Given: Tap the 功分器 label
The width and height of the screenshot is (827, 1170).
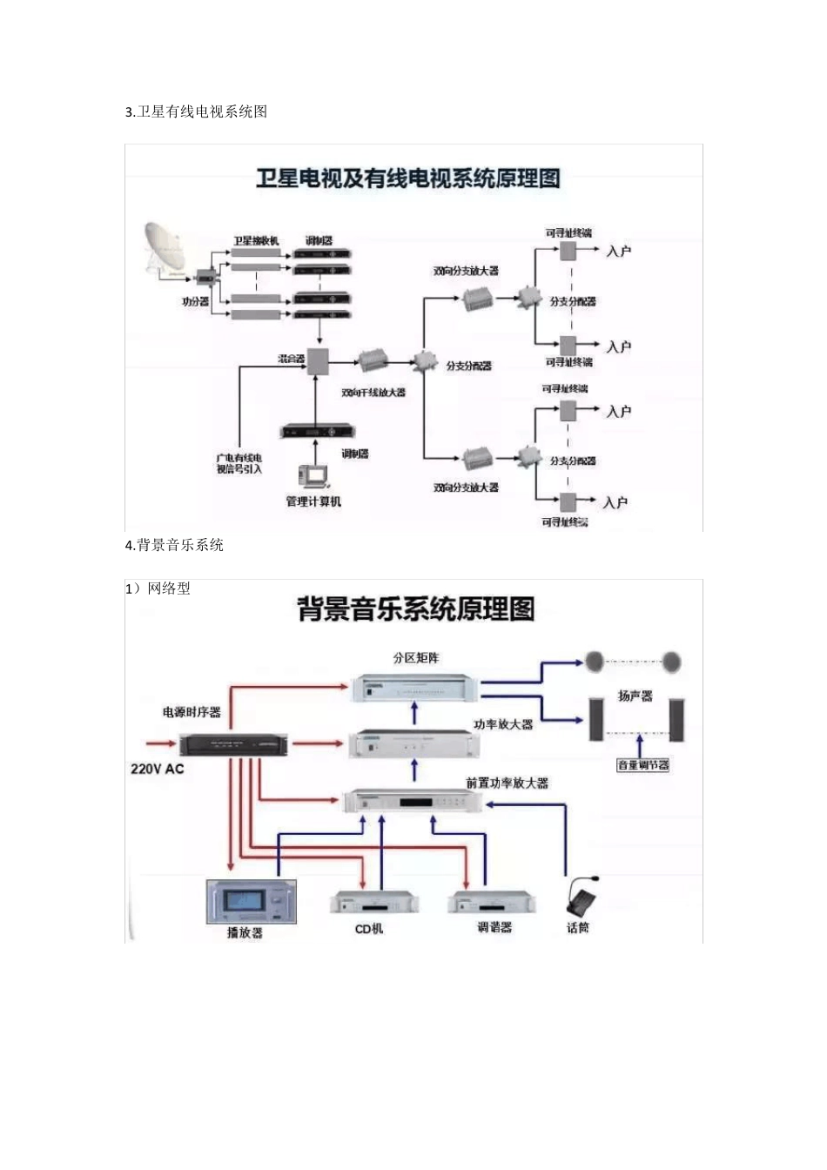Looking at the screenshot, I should point(195,301).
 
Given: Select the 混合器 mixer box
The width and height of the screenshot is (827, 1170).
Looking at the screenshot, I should point(317,360).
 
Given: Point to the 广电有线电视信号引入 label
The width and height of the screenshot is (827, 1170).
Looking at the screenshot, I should point(239,463).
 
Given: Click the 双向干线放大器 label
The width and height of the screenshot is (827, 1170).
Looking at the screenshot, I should point(373,393).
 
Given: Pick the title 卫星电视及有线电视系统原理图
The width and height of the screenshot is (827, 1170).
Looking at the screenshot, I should point(407,179).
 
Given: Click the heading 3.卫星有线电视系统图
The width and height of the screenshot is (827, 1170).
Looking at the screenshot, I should point(197,111).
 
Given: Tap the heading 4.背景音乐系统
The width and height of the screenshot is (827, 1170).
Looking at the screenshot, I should point(174,545).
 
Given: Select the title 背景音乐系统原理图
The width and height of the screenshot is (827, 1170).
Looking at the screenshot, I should point(416,609).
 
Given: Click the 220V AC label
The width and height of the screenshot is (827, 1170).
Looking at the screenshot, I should point(157,769).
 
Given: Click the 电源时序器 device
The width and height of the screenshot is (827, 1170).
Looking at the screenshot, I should point(232,744).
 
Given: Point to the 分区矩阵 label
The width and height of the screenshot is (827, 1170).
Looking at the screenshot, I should point(416,658).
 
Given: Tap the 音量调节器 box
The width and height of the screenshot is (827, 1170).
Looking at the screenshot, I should point(642,765).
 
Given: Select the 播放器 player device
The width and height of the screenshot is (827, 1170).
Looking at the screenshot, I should point(251,901).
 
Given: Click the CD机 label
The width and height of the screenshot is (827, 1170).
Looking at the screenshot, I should point(369,929).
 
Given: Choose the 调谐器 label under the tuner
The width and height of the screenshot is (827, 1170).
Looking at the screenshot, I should point(494,928).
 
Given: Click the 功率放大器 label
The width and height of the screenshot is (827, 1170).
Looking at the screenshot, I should point(502,724).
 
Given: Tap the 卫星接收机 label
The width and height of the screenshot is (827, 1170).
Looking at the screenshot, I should point(256,240).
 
